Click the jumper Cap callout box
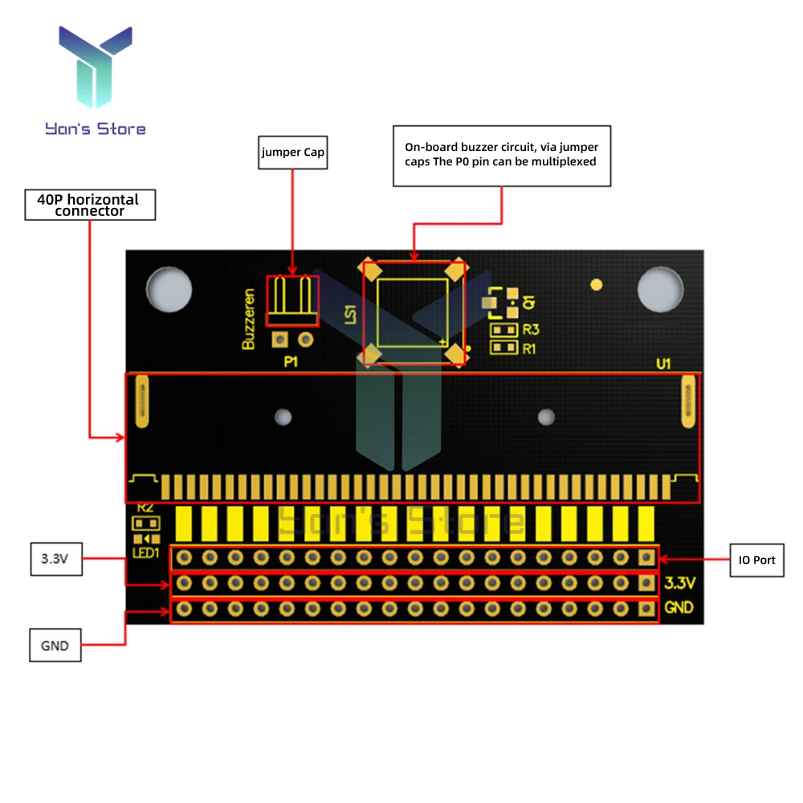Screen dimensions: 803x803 tap(292, 153)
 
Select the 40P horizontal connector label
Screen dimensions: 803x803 tap(89, 205)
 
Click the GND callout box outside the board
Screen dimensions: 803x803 tap(55, 645)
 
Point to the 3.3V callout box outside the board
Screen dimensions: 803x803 tap(55, 560)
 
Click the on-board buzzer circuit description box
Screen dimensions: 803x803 tap(502, 156)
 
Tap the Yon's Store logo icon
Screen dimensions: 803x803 tap(95, 67)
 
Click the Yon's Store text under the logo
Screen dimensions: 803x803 tap(96, 128)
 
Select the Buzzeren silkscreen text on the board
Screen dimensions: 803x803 tap(249, 319)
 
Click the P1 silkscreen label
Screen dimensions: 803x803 tap(291, 362)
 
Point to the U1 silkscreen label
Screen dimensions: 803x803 tap(663, 364)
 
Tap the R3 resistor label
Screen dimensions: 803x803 tap(530, 329)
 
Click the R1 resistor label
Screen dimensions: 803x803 tap(529, 349)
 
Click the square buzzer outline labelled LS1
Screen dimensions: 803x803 tap(413, 313)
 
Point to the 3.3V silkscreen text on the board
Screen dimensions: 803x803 tap(679, 583)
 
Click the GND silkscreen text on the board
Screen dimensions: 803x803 tap(679, 607)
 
